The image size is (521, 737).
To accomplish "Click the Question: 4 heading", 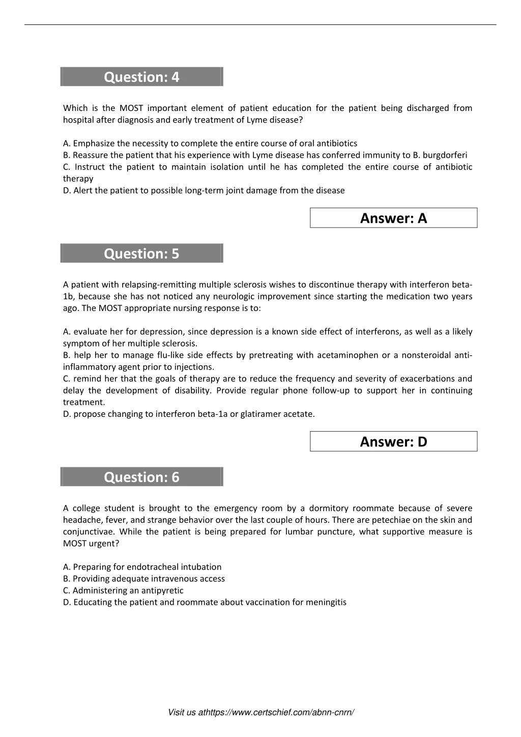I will pyautogui.click(x=141, y=77).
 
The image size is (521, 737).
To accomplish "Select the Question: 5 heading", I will pyautogui.click(x=141, y=253).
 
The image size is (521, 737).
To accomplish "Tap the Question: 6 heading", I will pyautogui.click(x=141, y=477).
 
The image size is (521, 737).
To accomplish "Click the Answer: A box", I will pyautogui.click(x=393, y=218).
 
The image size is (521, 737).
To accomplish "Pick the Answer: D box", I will pyautogui.click(x=393, y=442).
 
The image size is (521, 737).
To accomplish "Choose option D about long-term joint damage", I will pyautogui.click(x=204, y=190).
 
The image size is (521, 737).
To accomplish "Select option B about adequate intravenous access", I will pyautogui.click(x=144, y=579).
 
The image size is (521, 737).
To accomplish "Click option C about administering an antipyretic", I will pyautogui.click(x=123, y=590).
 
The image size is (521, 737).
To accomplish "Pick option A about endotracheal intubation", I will pyautogui.click(x=142, y=567).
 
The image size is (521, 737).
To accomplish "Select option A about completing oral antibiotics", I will pyautogui.click(x=210, y=144).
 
